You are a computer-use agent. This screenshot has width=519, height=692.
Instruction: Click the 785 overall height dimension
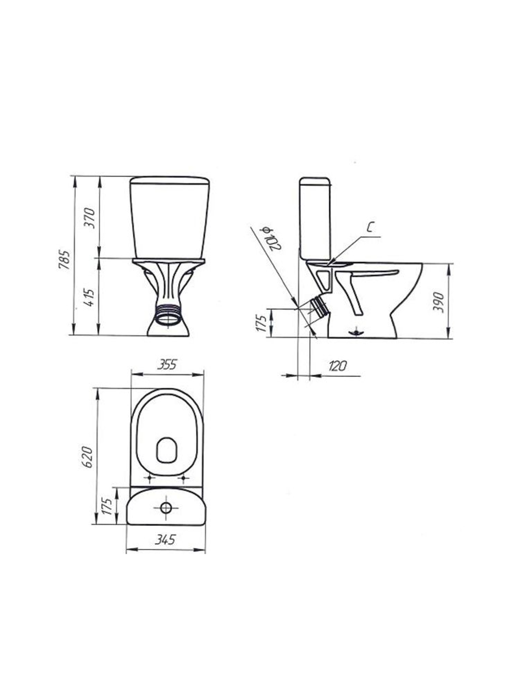[63, 260]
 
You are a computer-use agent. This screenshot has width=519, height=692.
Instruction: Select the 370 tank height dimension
[90, 218]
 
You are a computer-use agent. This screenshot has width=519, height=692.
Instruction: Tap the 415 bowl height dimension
[89, 297]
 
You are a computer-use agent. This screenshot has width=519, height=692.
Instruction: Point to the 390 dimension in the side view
[438, 302]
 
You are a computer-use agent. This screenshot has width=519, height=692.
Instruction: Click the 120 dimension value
[337, 366]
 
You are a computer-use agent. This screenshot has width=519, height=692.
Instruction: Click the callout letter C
[371, 227]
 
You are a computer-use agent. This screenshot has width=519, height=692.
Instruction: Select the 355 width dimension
[167, 364]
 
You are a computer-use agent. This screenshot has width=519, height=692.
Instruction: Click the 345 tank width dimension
[165, 540]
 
